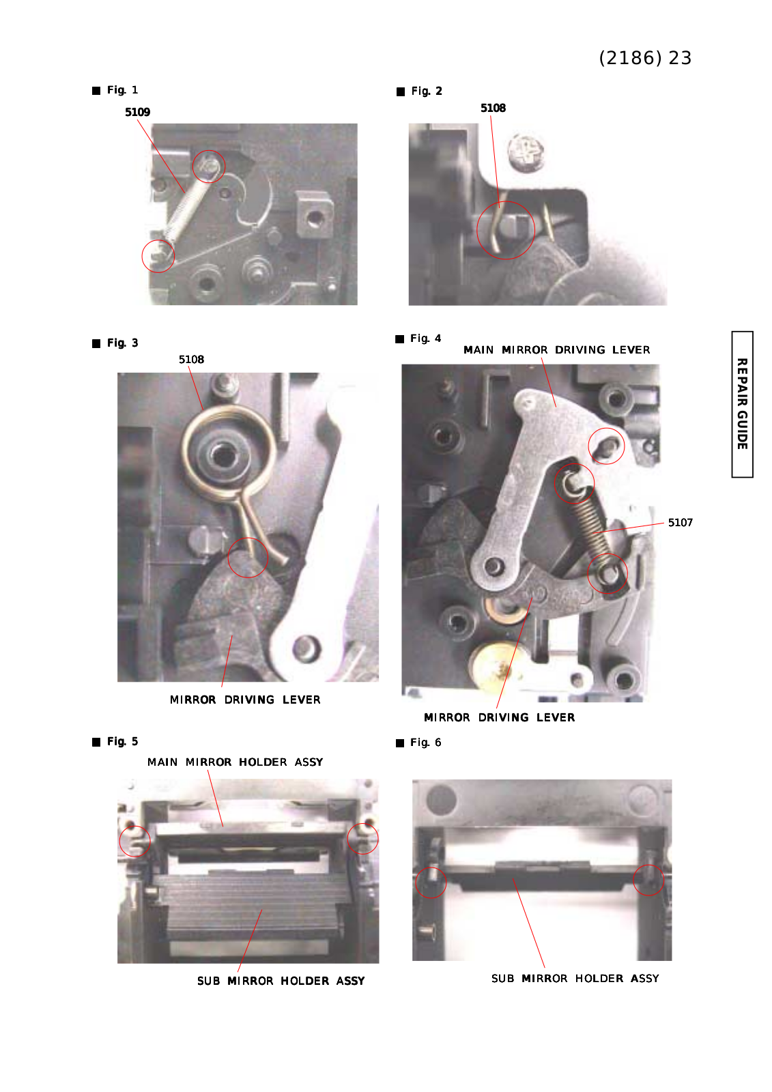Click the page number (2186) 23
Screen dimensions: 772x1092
(x=645, y=58)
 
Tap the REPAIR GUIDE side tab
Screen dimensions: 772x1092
(x=742, y=404)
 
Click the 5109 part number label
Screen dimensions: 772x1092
(x=137, y=112)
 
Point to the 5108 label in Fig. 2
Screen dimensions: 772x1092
(x=493, y=109)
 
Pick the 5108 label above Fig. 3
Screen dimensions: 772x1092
(x=191, y=360)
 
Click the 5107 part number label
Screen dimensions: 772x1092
(x=681, y=523)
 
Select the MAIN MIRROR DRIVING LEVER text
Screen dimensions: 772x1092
(x=556, y=350)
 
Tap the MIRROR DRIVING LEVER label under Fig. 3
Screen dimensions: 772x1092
(x=245, y=700)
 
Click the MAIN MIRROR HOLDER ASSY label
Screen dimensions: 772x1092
(x=235, y=762)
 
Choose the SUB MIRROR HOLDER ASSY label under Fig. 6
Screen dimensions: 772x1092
(x=575, y=979)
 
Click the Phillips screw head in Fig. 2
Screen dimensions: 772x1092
(x=526, y=152)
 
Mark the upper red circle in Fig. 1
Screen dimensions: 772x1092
(x=209, y=167)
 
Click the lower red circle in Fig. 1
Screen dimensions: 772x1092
(x=158, y=256)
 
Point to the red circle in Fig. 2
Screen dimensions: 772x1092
(x=506, y=230)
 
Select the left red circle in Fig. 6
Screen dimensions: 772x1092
(x=431, y=882)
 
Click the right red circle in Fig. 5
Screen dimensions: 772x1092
(x=363, y=838)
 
